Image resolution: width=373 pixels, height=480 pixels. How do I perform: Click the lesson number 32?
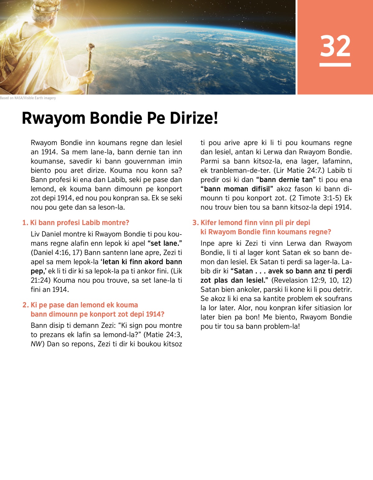pyautogui.click(x=335, y=46)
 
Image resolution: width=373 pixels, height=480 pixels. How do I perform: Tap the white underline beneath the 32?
pyautogui.click(x=335, y=65)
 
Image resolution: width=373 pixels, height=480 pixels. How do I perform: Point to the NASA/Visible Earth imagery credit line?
pyautogui.click(x=28, y=98)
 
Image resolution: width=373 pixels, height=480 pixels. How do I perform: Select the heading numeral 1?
pyautogui.click(x=25, y=223)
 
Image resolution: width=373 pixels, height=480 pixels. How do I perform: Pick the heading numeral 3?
pyautogui.click(x=195, y=223)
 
